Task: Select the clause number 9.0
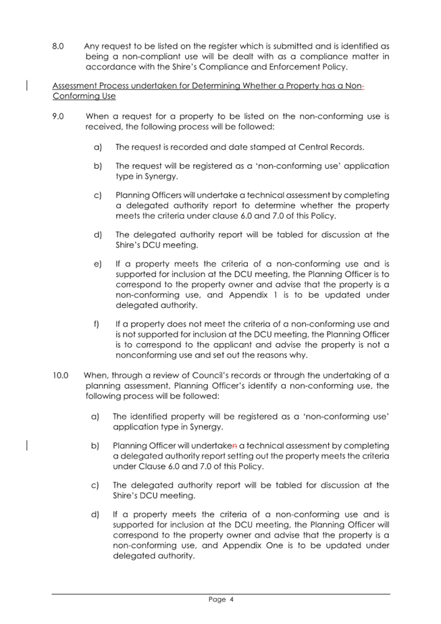[59, 116]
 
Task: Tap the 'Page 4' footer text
[221, 598]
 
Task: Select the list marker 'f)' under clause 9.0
[97, 323]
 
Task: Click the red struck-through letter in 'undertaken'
[233, 446]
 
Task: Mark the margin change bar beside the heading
[26, 86]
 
